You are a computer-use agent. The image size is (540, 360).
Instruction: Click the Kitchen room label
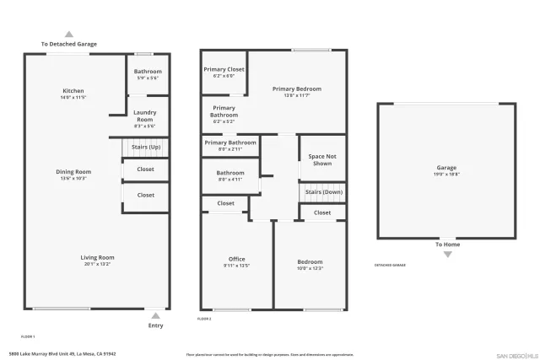[73, 91]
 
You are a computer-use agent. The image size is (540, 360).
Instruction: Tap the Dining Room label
[73, 172]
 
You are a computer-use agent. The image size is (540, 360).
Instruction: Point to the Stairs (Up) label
[146, 147]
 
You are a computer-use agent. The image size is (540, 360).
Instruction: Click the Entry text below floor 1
[155, 325]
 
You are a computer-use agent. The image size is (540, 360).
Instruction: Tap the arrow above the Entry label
[155, 316]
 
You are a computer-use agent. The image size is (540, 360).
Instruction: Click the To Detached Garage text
[69, 44]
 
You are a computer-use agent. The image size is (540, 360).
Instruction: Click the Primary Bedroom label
[296, 89]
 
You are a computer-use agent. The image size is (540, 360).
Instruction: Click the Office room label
[236, 259]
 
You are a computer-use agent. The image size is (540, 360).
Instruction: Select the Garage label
[446, 168]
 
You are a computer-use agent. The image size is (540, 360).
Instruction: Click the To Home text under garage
[447, 244]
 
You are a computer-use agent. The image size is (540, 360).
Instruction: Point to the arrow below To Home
[447, 254]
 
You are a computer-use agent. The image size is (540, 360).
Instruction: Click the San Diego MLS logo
[516, 355]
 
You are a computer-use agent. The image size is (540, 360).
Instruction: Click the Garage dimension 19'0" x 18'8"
[446, 175]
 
